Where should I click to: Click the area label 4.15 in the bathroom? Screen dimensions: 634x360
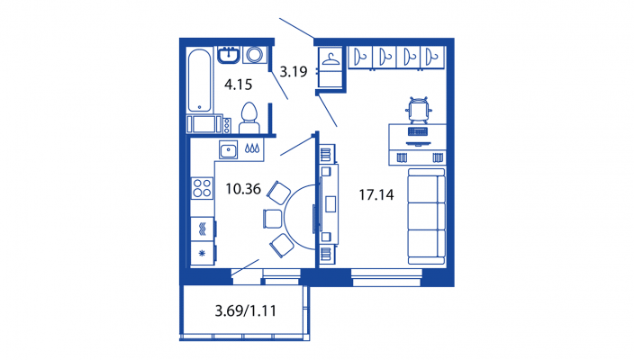(238, 85)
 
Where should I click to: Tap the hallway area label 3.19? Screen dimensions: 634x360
(294, 71)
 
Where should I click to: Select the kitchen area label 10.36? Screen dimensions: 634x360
(243, 189)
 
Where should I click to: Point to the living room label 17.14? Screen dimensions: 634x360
(376, 194)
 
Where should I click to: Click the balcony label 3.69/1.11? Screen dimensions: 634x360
(246, 310)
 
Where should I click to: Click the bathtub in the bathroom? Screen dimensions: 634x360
(199, 80)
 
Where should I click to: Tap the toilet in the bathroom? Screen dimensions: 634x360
(249, 118)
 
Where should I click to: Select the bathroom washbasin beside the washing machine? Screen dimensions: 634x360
(229, 55)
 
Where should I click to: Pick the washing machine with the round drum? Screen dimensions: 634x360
(255, 55)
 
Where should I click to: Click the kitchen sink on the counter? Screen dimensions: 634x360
(229, 150)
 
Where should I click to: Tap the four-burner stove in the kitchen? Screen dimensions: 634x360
(202, 188)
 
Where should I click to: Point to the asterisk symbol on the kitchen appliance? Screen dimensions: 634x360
(202, 253)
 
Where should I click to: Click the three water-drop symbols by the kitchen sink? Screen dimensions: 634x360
(252, 148)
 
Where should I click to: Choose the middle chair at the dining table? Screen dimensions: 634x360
(273, 219)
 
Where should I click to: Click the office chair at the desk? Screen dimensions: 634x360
(419, 110)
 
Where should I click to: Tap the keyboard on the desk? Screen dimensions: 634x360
(418, 131)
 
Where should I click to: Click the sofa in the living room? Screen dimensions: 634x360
(426, 217)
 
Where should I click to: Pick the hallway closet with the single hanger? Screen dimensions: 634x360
(331, 67)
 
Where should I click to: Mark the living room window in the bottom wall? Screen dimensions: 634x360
(386, 278)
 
